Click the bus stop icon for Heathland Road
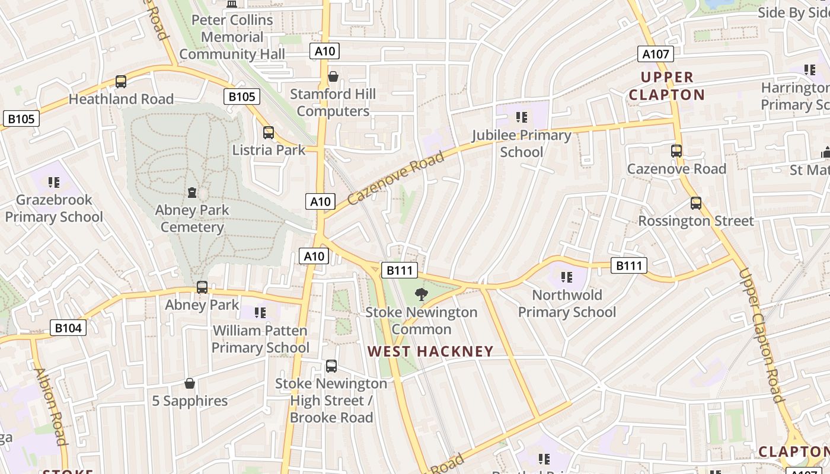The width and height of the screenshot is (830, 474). click(x=121, y=82)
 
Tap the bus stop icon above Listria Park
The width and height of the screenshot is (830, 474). click(x=269, y=132)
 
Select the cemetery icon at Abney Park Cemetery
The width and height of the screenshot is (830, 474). click(x=192, y=193)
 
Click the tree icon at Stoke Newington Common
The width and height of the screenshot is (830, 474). click(x=421, y=294)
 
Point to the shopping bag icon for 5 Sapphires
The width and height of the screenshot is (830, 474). click(x=190, y=383)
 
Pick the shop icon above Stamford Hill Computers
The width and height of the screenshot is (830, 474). click(x=333, y=76)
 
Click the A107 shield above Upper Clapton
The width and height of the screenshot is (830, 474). click(x=656, y=54)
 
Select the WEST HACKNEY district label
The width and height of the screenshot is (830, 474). click(x=430, y=351)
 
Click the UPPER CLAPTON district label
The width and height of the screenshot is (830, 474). click(x=667, y=86)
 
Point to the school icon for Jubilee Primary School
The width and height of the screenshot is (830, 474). click(x=522, y=117)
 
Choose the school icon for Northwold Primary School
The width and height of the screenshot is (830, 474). click(x=567, y=277)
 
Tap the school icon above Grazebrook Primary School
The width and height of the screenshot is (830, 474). click(x=54, y=182)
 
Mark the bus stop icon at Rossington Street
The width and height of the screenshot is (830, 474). click(x=696, y=203)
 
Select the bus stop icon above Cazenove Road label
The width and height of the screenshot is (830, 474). click(x=676, y=150)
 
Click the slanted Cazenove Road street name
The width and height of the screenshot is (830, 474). click(x=395, y=177)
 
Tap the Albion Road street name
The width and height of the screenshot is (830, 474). click(x=50, y=406)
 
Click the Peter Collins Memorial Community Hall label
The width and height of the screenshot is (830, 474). click(x=232, y=37)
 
